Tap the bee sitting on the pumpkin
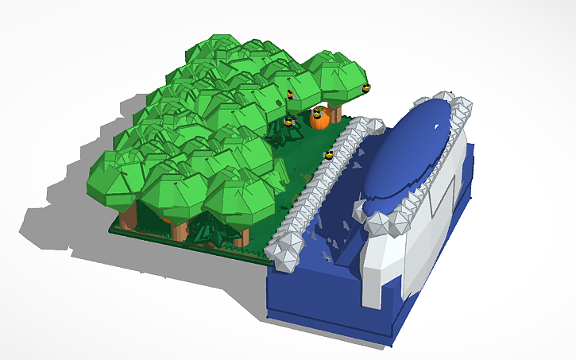pos(319,113)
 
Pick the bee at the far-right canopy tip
pos(366,87)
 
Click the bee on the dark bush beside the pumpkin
pos(288,122)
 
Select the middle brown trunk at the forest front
pos(180,230)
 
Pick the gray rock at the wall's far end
pos(366,127)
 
